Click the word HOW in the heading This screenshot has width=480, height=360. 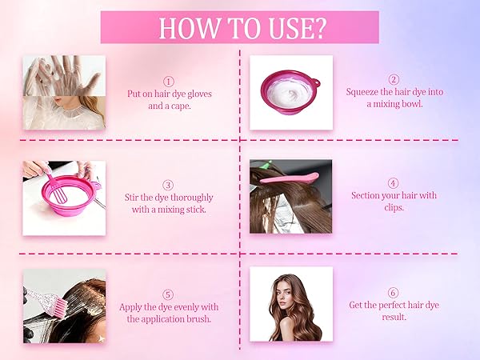coord(189,28)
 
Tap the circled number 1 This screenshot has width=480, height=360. coord(169,82)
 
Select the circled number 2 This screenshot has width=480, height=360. coord(394,79)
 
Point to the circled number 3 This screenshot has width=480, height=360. coord(168,186)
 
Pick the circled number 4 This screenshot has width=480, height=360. coord(394,183)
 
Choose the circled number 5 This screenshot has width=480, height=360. coord(168,294)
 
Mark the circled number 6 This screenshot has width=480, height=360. coord(393,293)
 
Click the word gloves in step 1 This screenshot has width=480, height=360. coord(199,94)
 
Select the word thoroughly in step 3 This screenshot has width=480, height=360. coord(191,198)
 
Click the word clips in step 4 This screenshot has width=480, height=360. coord(394,207)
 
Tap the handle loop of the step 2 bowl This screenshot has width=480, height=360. coord(316,82)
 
